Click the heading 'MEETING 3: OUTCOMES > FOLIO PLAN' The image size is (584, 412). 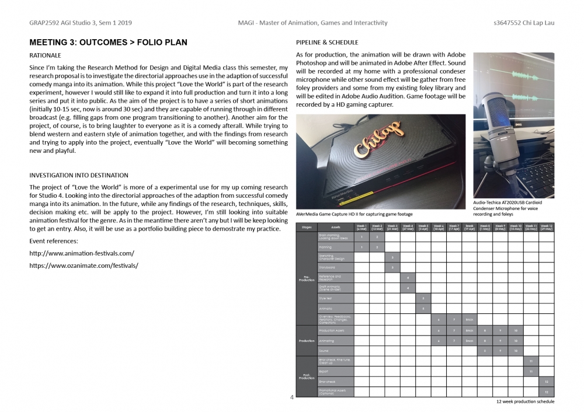pos(108,43)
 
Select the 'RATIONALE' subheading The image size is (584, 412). pos(45,55)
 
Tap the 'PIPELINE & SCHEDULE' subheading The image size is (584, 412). pos(327,43)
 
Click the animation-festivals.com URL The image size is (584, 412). pos(82,253)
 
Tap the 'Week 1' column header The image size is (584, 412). pos(361,226)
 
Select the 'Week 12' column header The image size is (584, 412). pos(545,226)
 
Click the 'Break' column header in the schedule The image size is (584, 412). pos(469,226)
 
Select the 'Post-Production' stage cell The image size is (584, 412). pos(307,376)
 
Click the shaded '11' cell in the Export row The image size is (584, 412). pos(530,371)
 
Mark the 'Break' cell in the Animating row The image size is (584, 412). pos(469,340)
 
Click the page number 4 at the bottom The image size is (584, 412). pos(291,397)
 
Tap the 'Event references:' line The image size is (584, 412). pos(54,241)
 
